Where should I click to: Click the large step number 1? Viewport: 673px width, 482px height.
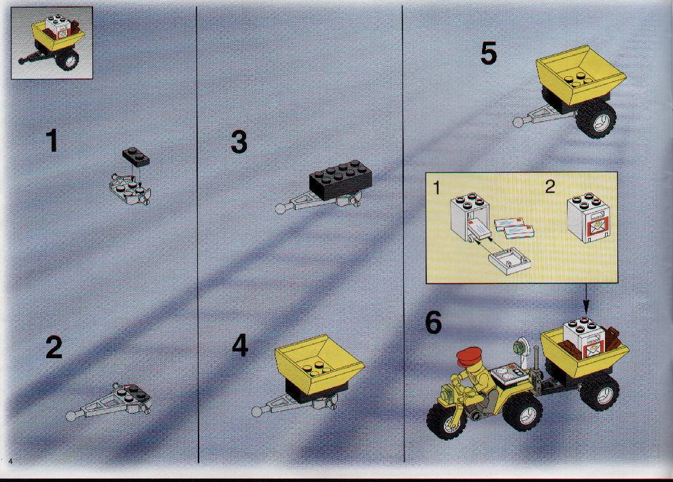(x=52, y=141)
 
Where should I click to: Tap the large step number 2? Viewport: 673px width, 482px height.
(x=54, y=347)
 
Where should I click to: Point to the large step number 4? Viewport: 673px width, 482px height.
(x=240, y=345)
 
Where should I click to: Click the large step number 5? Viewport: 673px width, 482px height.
(x=489, y=53)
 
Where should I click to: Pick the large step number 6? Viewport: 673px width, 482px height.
(x=434, y=322)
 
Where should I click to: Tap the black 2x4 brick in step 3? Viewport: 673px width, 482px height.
(x=341, y=180)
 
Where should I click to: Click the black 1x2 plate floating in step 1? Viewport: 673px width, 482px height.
(x=136, y=156)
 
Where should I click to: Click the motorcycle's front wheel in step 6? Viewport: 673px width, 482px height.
(x=447, y=421)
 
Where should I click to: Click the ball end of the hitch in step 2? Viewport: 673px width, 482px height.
(x=71, y=415)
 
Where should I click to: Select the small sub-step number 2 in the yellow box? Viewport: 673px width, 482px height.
(x=550, y=187)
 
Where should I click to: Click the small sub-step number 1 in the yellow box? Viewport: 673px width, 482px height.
(x=436, y=188)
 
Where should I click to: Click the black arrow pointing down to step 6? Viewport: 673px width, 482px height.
(x=586, y=298)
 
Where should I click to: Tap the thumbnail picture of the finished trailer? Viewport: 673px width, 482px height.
(x=52, y=43)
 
